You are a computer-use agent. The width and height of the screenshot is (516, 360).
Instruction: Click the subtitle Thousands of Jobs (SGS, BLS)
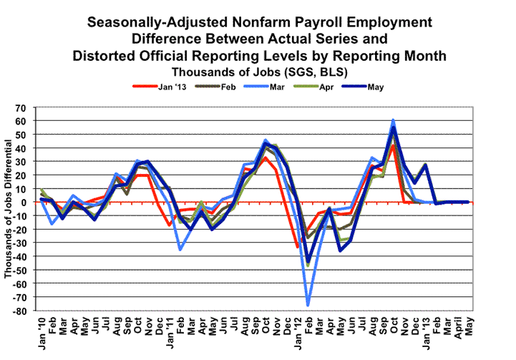[x=257, y=72]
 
